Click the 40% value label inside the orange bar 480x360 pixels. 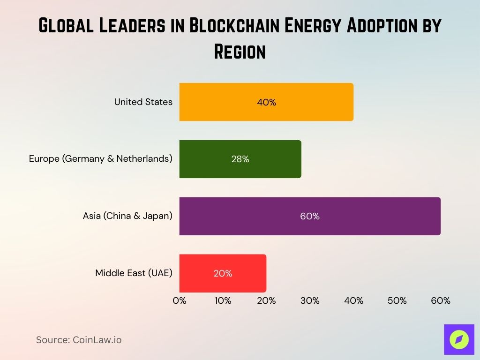tap(266, 102)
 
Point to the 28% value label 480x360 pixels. tap(240, 159)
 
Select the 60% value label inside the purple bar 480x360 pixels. tap(310, 216)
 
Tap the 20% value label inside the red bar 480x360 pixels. tap(223, 273)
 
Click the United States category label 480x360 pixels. tap(143, 102)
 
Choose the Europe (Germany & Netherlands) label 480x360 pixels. tap(101, 159)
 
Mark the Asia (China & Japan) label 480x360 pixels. tap(127, 216)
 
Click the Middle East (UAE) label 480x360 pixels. tap(134, 273)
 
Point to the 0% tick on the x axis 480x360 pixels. tap(180, 301)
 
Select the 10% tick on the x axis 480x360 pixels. tap(223, 301)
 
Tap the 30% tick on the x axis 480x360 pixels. tap(310, 301)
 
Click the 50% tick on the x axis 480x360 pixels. tap(397, 301)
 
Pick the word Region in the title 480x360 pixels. tap(240, 51)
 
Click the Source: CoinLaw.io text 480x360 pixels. tap(79, 340)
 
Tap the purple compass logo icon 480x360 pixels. tap(459, 339)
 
